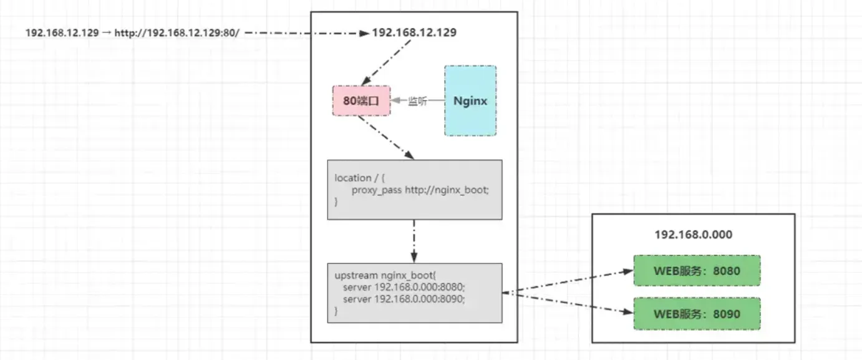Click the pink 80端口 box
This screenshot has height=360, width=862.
(x=361, y=100)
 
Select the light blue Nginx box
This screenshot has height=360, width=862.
(x=470, y=100)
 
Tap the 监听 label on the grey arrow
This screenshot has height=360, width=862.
(x=417, y=101)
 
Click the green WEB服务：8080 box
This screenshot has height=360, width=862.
(x=697, y=270)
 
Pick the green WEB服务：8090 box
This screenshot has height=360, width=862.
(x=697, y=313)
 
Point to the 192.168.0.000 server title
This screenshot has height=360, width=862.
(x=693, y=235)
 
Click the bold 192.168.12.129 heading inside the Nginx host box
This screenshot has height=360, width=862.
(x=414, y=32)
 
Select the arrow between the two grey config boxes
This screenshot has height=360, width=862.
(x=414, y=241)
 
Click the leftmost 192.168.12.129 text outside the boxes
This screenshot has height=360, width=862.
(x=62, y=33)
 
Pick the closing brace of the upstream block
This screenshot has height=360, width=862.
(x=336, y=311)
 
